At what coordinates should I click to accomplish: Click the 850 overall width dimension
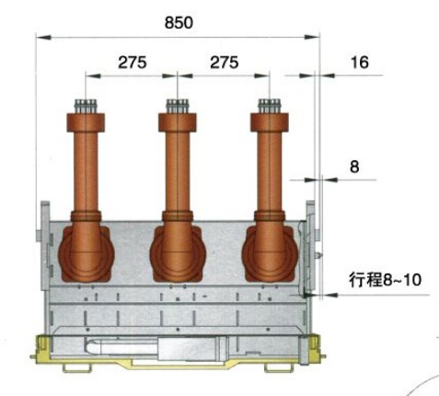tap(179, 23)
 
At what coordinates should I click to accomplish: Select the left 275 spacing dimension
tap(133, 63)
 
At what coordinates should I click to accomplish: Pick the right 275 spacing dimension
tap(225, 63)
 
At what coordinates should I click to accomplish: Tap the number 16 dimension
tap(360, 63)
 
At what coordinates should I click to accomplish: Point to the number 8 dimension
tap(354, 167)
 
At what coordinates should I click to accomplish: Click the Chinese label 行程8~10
tap(385, 280)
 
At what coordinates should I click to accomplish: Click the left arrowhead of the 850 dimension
tap(43, 37)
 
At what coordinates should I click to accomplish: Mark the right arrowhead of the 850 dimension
tap(312, 37)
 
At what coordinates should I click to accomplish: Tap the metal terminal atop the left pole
tap(86, 106)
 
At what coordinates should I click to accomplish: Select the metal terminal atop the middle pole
tap(177, 106)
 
